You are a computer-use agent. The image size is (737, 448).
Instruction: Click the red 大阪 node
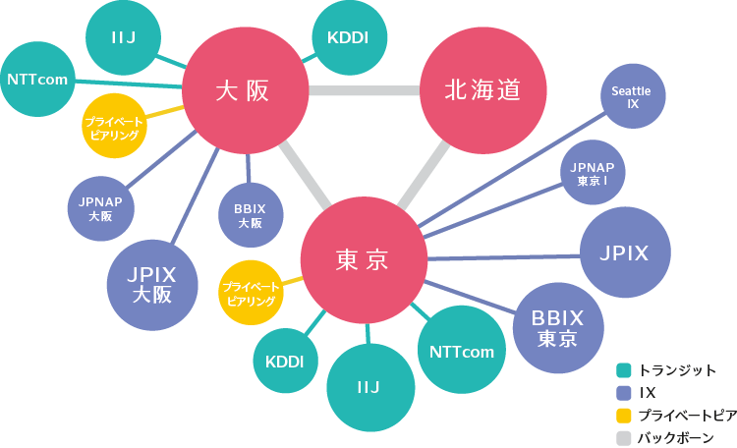242,91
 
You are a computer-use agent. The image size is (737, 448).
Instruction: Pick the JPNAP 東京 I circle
593,174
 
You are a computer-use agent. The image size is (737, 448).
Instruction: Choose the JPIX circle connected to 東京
625,252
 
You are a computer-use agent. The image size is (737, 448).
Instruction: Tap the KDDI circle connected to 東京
285,361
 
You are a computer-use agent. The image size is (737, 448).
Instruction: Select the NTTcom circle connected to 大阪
36,80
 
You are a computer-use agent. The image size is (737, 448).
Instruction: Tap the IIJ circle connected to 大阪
123,38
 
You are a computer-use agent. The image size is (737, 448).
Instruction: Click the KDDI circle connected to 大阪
347,38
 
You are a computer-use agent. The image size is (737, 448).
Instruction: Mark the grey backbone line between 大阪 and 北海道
363,91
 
